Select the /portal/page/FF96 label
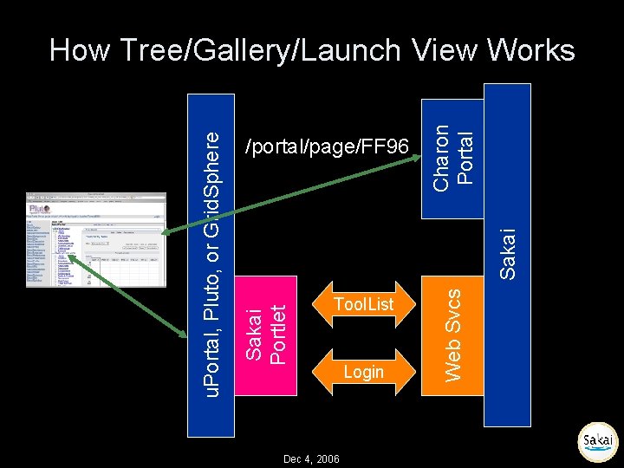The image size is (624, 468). click(x=327, y=146)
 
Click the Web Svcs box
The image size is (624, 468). click(x=452, y=330)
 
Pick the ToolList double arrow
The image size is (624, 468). click(x=363, y=304)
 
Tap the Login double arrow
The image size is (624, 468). click(x=363, y=372)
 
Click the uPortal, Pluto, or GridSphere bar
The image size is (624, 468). click(x=212, y=260)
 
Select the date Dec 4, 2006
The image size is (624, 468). click(x=311, y=458)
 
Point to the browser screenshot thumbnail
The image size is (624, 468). click(x=94, y=238)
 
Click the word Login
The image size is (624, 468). click(x=363, y=372)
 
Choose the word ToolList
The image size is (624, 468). click(x=363, y=304)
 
